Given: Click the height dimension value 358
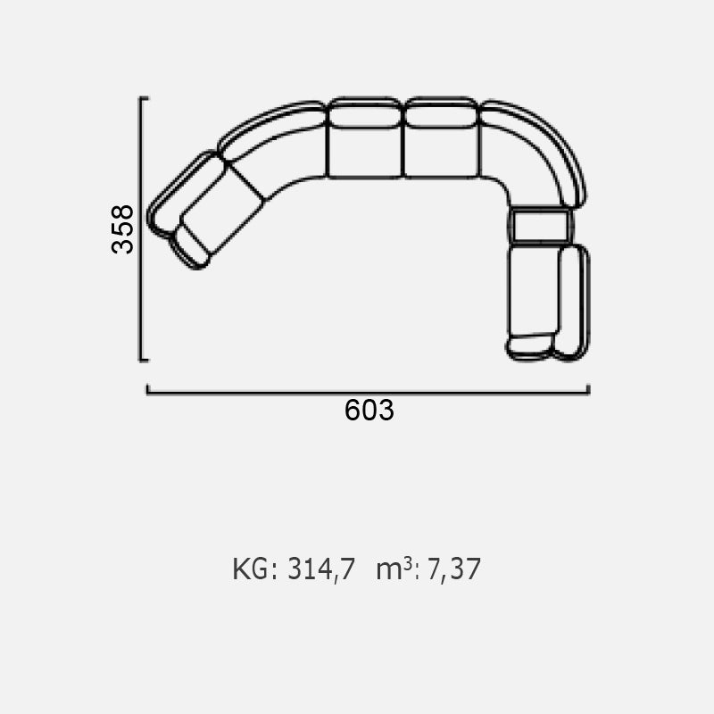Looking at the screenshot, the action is [122, 229].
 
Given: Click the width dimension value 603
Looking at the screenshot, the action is [369, 410].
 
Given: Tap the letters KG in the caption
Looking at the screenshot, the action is [251, 569].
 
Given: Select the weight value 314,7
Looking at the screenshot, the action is [321, 569].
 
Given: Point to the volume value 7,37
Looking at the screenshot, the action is [454, 569].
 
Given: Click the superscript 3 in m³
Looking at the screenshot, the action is [408, 564].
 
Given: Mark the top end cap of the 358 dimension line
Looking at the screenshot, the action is [144, 98].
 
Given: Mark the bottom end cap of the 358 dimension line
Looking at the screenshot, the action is [144, 361].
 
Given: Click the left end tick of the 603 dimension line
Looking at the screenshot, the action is [147, 389].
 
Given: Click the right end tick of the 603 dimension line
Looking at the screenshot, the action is [588, 389].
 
